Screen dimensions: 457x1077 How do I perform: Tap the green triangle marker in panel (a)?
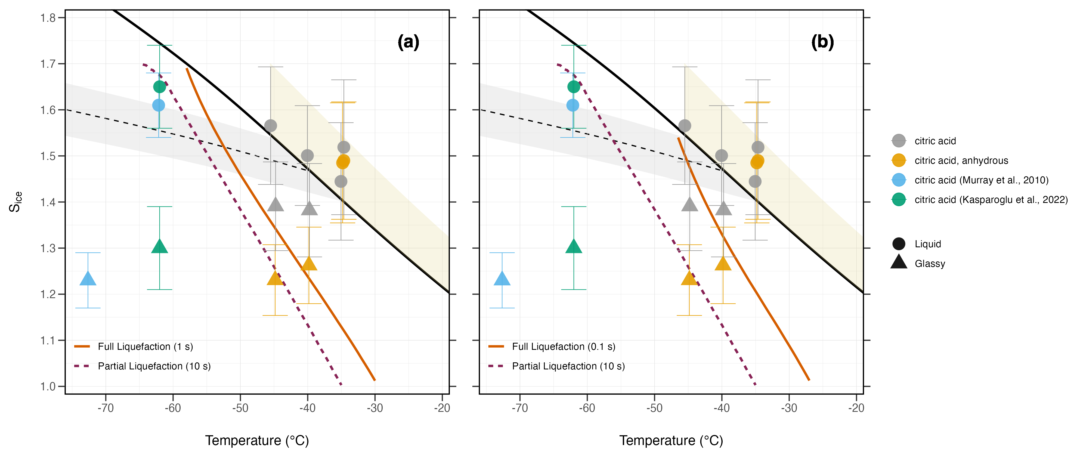point(159,246)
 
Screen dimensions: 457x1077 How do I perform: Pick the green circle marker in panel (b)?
point(574,87)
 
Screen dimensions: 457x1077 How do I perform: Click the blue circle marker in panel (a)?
point(159,105)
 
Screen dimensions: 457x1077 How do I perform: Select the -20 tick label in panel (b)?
point(856,408)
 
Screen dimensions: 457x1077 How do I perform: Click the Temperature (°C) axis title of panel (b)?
point(671,440)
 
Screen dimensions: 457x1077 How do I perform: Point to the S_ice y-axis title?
point(16,202)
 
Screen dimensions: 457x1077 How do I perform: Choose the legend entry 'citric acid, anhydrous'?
point(961,160)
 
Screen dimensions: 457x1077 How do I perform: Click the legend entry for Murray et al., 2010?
point(981,180)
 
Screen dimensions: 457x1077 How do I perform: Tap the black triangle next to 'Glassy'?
point(899,262)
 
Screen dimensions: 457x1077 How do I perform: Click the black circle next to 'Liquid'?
point(899,244)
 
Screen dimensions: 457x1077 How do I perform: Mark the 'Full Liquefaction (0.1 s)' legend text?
point(563,347)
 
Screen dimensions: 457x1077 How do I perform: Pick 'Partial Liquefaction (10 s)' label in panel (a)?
point(154,366)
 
